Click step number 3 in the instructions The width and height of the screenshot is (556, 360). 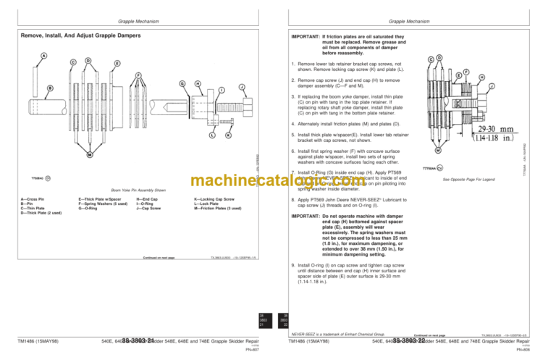(292, 95)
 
